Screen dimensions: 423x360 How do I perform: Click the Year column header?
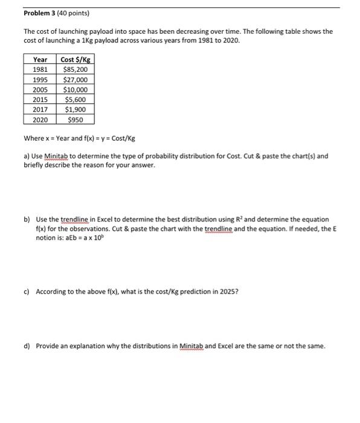coord(40,59)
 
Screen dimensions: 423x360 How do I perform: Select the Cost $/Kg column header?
coord(76,59)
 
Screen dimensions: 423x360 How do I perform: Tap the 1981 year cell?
coord(40,69)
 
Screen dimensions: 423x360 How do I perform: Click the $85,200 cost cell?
coord(76,69)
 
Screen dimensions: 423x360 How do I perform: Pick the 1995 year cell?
coord(40,79)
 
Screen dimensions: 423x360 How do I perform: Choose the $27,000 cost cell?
coord(76,79)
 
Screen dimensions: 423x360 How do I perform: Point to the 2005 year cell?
coord(40,89)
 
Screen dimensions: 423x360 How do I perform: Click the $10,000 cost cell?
coord(76,89)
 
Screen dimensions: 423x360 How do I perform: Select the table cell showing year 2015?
coord(40,99)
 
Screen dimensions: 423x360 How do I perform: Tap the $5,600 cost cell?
coord(76,99)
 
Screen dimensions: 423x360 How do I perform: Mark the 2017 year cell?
coord(40,109)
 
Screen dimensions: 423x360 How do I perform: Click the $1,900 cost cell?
coord(76,109)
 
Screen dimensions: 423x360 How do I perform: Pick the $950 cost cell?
coord(76,120)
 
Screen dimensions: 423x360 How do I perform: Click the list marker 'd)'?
coord(27,346)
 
